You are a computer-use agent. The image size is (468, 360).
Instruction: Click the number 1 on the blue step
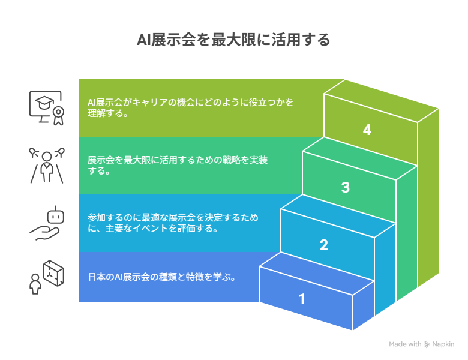click(302, 299)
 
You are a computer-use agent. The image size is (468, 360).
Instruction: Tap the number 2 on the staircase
click(324, 245)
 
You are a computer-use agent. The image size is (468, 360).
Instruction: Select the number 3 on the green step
click(346, 187)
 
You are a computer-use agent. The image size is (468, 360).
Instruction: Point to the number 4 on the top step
click(367, 130)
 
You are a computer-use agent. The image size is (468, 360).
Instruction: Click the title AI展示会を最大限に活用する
click(233, 40)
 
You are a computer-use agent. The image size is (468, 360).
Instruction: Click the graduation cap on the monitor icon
click(44, 103)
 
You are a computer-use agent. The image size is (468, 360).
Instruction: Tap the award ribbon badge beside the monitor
click(59, 116)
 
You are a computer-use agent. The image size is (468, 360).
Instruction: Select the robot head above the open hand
click(56, 215)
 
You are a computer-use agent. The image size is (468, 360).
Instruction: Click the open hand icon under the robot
click(44, 233)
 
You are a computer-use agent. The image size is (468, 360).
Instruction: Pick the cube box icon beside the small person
click(54, 273)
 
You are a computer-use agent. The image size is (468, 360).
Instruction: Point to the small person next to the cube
click(35, 284)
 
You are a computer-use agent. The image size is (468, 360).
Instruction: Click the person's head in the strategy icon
click(47, 157)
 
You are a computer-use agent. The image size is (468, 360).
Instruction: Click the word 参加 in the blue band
click(97, 217)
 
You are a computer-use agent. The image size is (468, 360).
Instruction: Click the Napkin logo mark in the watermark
click(427, 344)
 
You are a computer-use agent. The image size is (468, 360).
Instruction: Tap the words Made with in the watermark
click(405, 344)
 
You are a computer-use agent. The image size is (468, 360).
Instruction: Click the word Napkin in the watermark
click(443, 344)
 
